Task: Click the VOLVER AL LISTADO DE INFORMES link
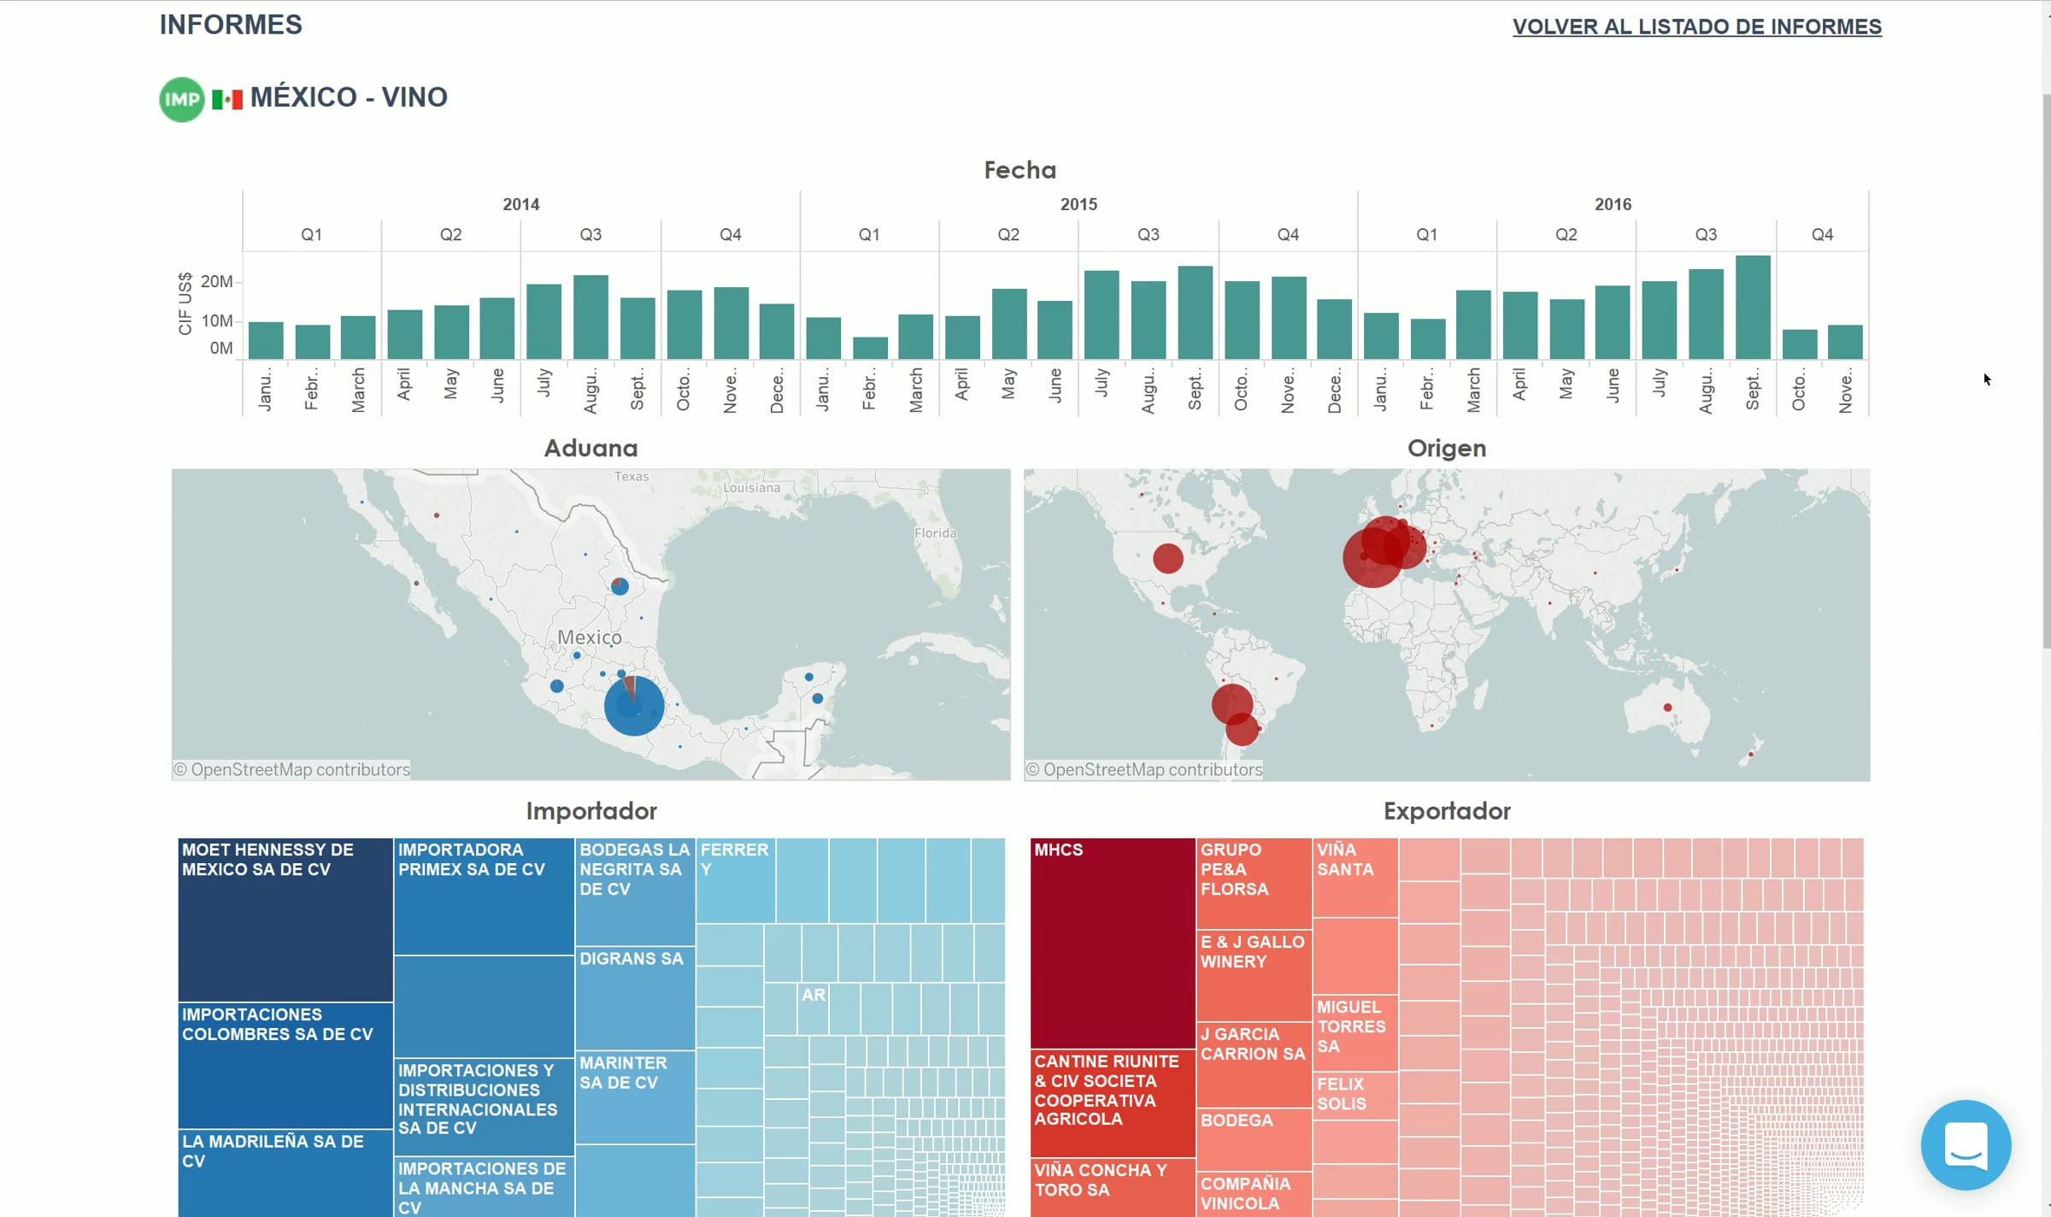(1696, 26)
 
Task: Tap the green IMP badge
(181, 99)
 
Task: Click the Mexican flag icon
(227, 99)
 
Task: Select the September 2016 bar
(1752, 307)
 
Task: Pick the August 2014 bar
(591, 316)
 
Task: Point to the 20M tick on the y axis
(216, 281)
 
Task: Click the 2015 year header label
(1078, 204)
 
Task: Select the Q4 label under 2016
(1822, 234)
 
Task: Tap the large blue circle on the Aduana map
(633, 706)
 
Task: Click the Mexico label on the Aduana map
(590, 638)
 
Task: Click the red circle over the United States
(1167, 558)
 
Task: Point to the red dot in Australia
(1666, 708)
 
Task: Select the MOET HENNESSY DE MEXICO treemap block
(285, 919)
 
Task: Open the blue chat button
(1965, 1144)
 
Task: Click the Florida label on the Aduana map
(935, 533)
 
